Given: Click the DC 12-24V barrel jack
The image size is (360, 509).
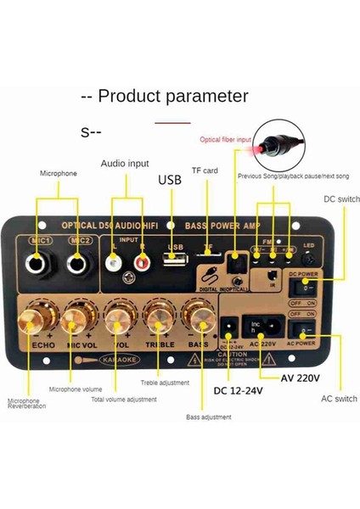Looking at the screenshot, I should [x=226, y=328].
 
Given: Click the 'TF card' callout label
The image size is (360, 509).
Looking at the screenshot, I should [x=205, y=171].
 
